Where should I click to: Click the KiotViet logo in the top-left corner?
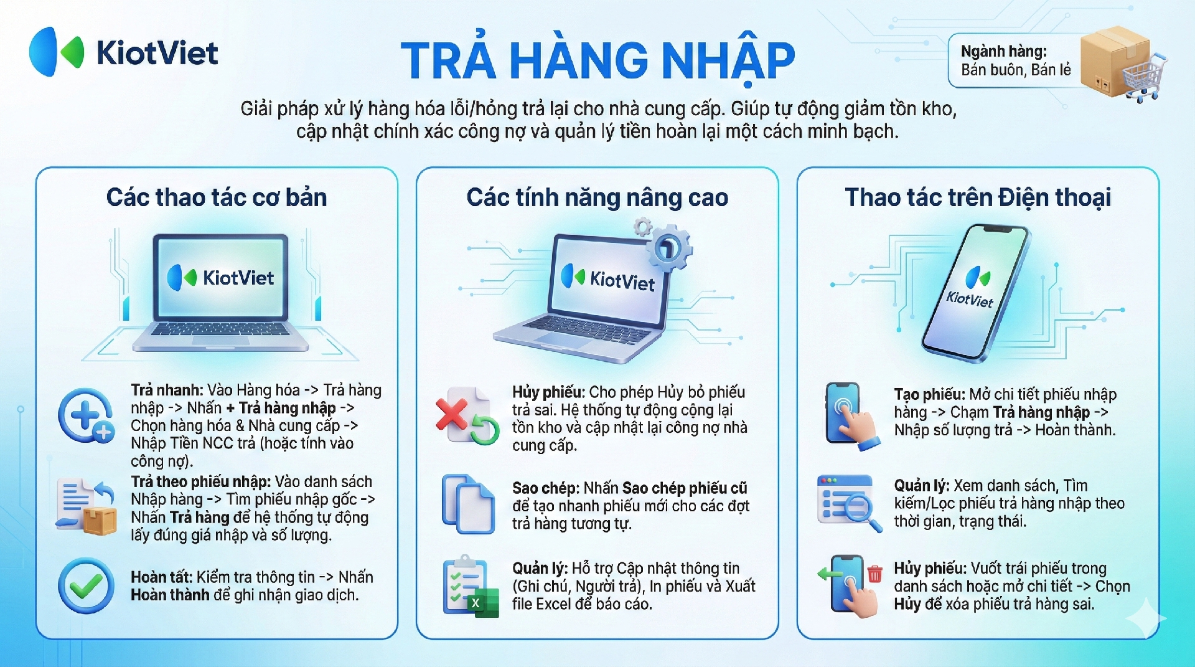pyautogui.click(x=123, y=52)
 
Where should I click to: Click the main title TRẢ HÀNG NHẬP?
pyautogui.click(x=597, y=60)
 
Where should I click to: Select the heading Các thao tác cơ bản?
pyautogui.click(x=217, y=197)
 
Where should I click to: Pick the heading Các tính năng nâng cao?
pyautogui.click(x=597, y=197)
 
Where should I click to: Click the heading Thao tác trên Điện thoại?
pyautogui.click(x=978, y=197)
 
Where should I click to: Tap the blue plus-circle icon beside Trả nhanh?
pyautogui.click(x=86, y=415)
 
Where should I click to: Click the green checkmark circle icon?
pyautogui.click(x=86, y=585)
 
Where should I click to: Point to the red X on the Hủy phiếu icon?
pyautogui.click(x=452, y=414)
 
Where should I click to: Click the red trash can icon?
pyautogui.click(x=874, y=573)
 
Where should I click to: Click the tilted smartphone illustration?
pyautogui.click(x=975, y=293)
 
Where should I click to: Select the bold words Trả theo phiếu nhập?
pyautogui.click(x=200, y=481)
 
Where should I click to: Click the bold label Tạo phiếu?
pyautogui.click(x=929, y=394)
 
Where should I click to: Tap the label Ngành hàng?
pyautogui.click(x=1004, y=52)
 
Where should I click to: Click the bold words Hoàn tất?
pyautogui.click(x=161, y=577)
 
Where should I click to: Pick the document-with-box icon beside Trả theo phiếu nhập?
pyautogui.click(x=86, y=506)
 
